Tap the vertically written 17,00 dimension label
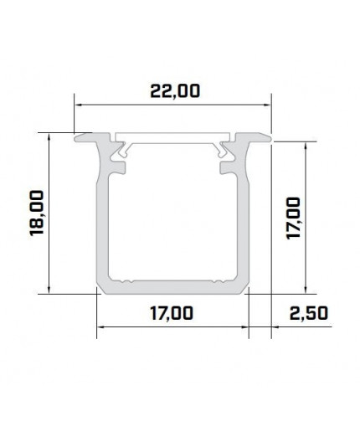(x=293, y=218)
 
